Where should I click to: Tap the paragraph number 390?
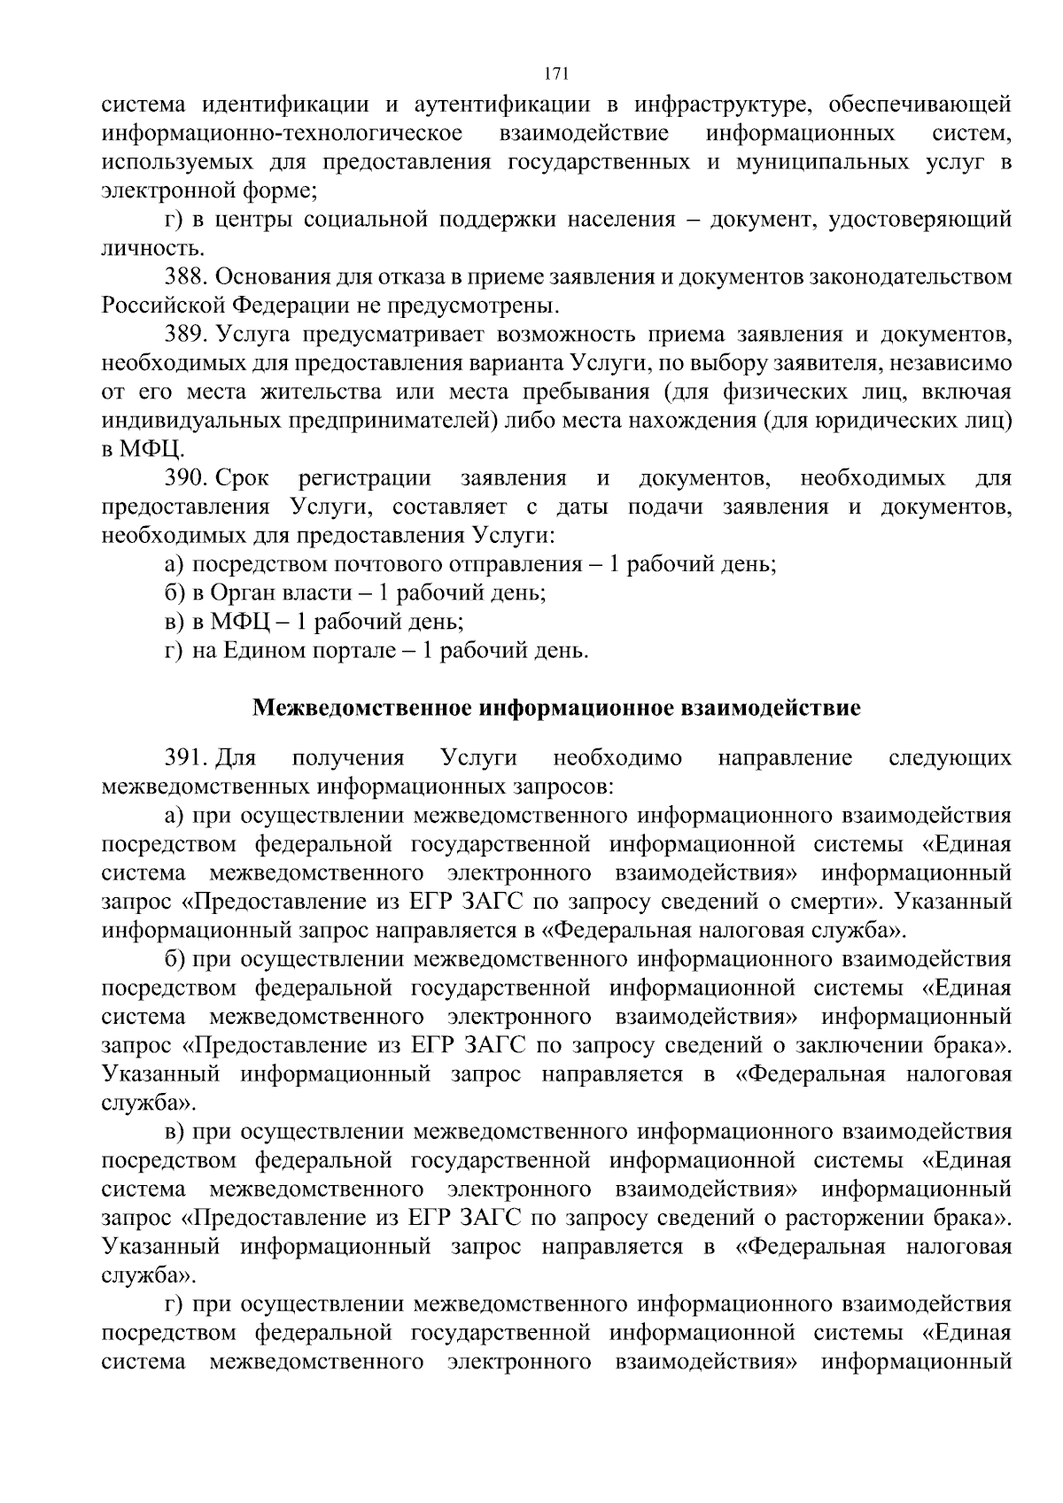[x=184, y=479]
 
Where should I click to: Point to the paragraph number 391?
[x=184, y=758]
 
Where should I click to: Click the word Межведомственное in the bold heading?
[x=363, y=709]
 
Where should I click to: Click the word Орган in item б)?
[x=243, y=593]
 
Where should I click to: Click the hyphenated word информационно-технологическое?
[x=283, y=134]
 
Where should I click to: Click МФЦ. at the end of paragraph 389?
[x=151, y=450]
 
